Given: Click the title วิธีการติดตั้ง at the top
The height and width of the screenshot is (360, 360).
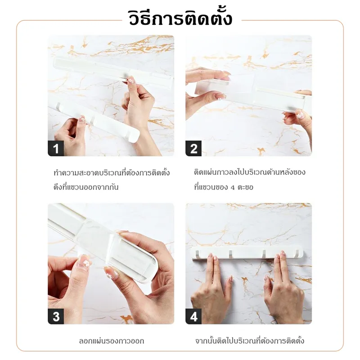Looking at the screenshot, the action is point(180,18).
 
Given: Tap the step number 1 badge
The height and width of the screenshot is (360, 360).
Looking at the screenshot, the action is point(56,148).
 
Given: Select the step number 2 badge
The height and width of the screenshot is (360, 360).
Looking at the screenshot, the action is point(193,148).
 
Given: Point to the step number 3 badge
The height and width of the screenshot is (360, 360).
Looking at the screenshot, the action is point(56,317).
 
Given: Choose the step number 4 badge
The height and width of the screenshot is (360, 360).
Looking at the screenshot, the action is point(193,317).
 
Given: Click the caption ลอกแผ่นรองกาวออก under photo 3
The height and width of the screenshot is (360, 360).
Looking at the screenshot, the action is point(112,341).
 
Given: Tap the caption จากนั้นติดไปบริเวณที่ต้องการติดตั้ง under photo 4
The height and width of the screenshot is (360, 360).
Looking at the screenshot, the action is point(250,340).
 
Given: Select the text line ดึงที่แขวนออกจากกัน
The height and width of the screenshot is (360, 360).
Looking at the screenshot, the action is point(86,187).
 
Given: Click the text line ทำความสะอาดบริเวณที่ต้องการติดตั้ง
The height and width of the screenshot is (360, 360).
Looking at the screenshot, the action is point(112,172).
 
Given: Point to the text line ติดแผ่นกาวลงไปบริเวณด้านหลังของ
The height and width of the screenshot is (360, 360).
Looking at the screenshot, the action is point(250,172).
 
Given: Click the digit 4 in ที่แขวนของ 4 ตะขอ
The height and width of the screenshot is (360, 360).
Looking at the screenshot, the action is point(233,188).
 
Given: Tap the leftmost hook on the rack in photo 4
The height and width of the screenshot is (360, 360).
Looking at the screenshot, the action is point(198,254).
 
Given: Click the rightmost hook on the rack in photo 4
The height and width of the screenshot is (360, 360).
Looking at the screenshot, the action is point(297,253).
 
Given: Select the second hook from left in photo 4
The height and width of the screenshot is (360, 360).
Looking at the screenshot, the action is point(231,254).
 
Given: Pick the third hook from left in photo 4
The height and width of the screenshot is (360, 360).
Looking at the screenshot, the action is point(264,254).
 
